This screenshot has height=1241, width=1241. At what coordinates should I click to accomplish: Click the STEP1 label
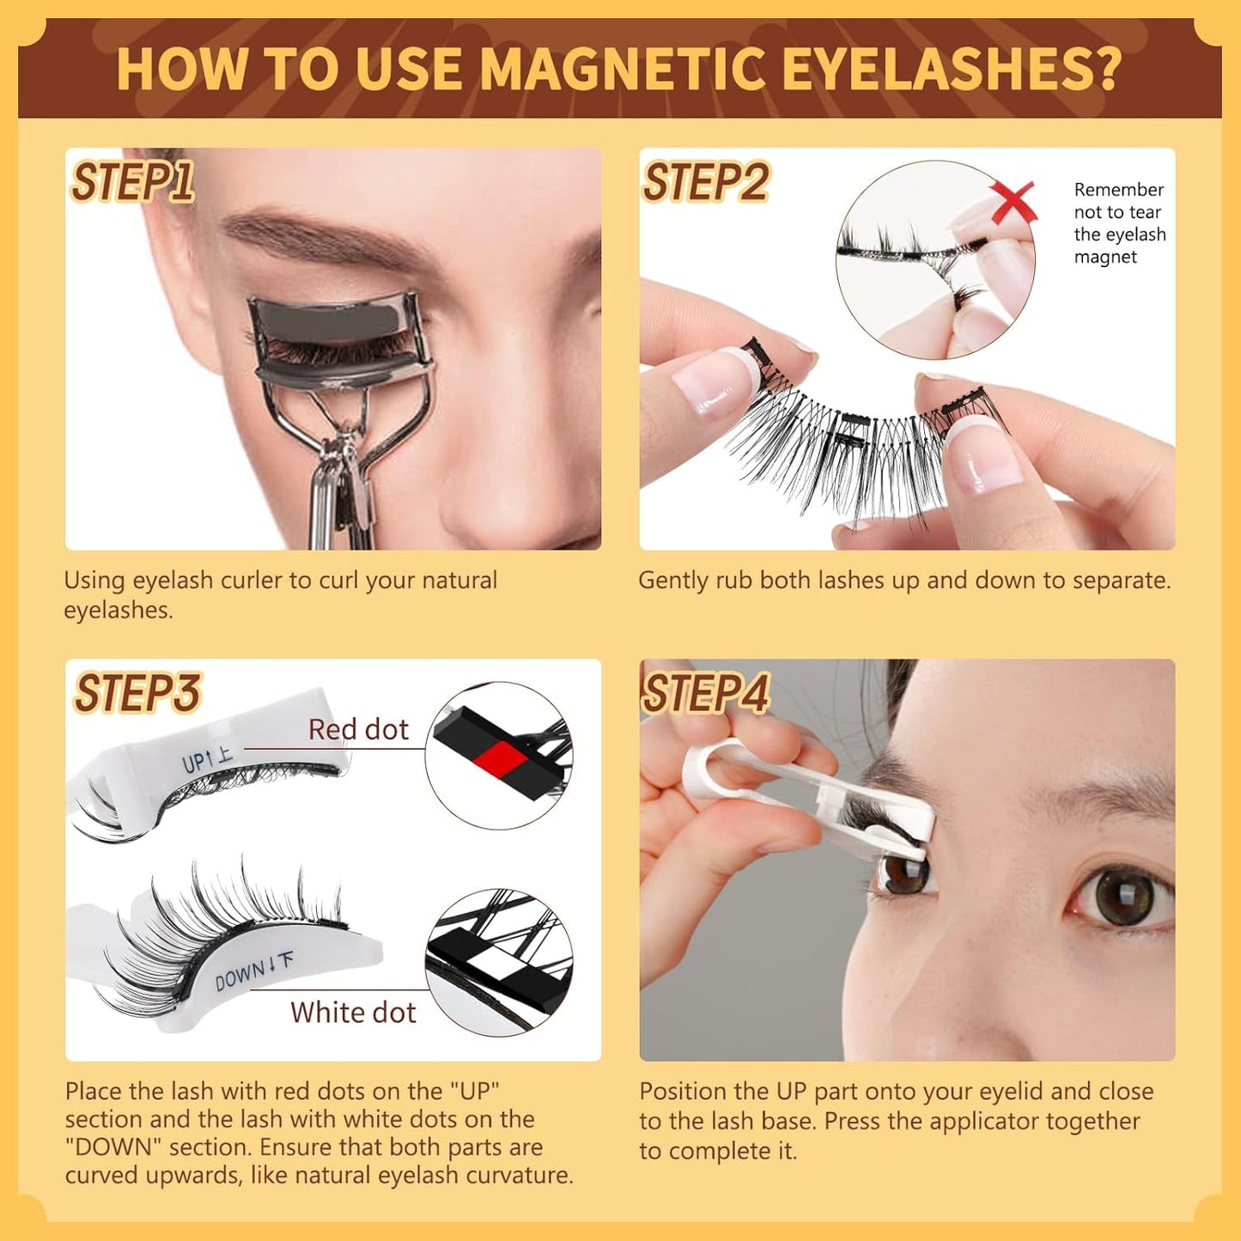click(132, 182)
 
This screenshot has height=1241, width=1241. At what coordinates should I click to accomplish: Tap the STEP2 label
click(706, 182)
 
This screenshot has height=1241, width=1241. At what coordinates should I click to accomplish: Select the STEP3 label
click(137, 693)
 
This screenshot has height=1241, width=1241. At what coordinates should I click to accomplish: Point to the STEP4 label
click(706, 693)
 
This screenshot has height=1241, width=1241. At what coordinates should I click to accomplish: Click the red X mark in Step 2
click(1013, 202)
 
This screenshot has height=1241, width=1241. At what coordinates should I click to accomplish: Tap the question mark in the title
click(1107, 69)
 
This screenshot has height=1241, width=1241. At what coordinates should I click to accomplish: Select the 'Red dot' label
click(358, 729)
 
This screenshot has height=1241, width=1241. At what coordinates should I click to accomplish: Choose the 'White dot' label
click(353, 1013)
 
